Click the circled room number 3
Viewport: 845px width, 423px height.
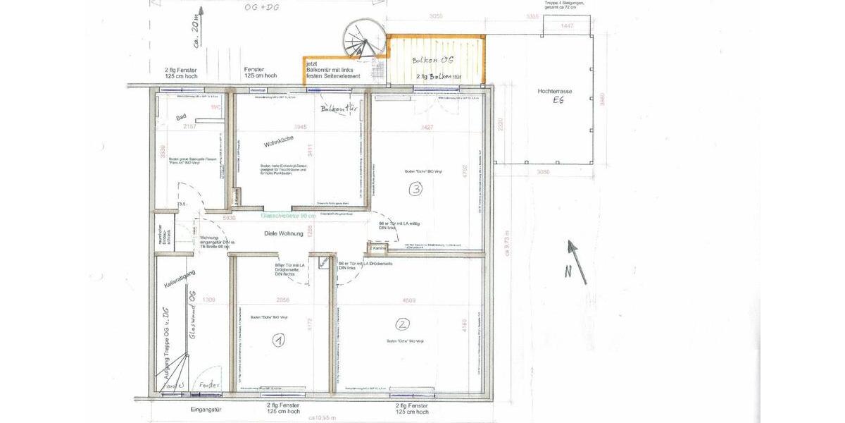(x=416, y=189)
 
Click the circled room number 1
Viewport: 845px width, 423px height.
(x=280, y=340)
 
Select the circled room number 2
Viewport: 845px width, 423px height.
(x=402, y=324)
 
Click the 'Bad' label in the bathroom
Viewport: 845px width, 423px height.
(x=180, y=119)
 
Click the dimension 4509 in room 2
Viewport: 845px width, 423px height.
(x=408, y=300)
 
